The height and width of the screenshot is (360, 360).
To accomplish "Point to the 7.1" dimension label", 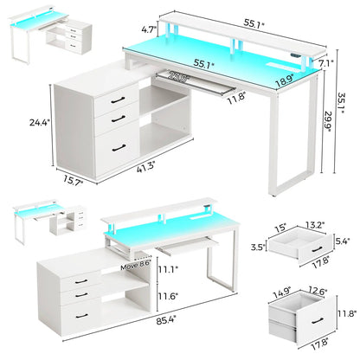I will [325, 63].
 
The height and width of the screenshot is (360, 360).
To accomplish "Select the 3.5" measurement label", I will [257, 245].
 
